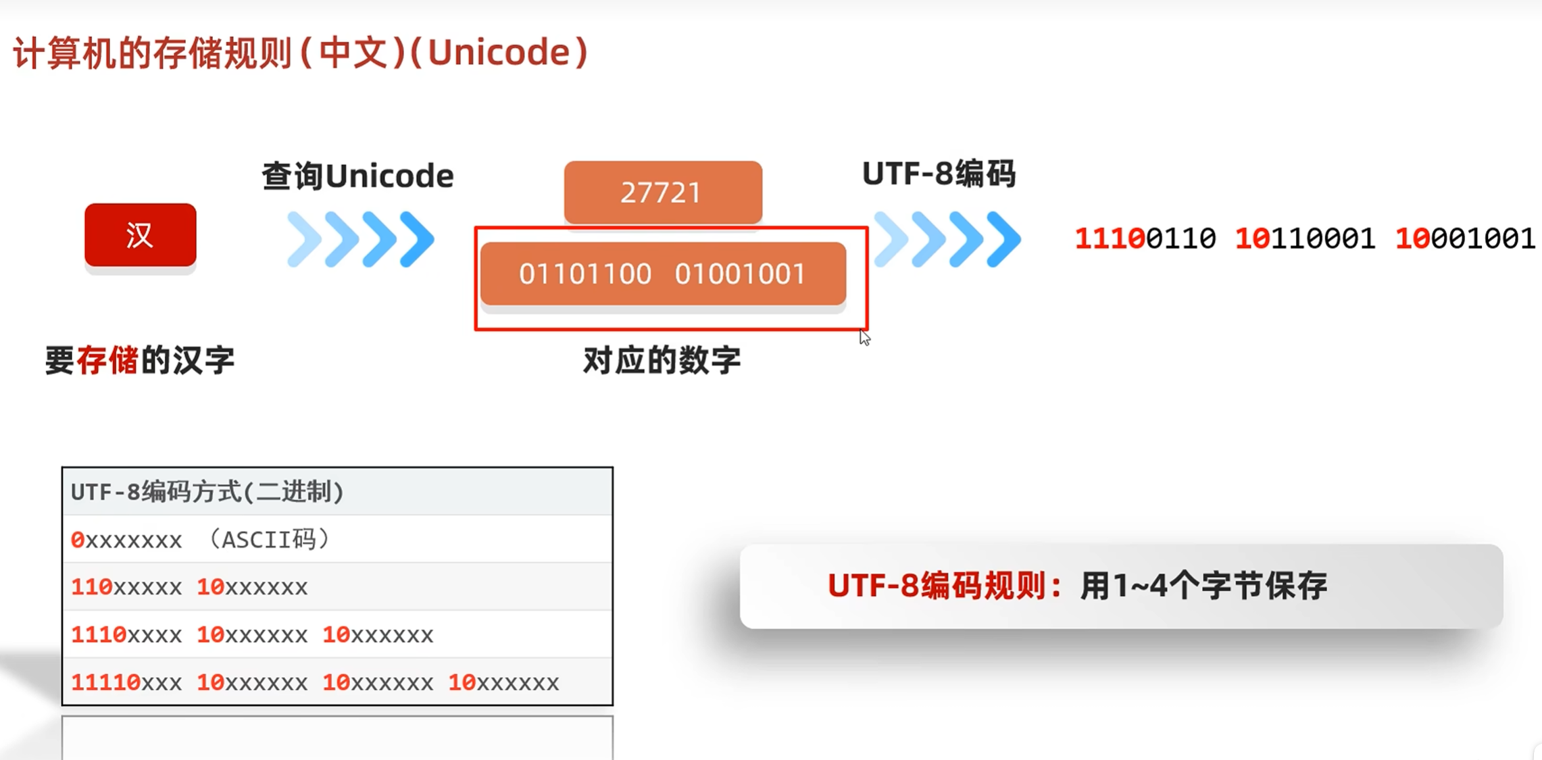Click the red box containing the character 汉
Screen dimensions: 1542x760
click(141, 235)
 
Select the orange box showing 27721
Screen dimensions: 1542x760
click(662, 193)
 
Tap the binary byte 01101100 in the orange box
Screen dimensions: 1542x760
click(585, 274)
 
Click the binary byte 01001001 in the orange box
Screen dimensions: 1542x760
click(740, 274)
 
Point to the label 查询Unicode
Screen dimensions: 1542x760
click(357, 176)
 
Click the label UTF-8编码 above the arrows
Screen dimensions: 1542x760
click(939, 174)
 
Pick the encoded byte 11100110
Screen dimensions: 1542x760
click(1145, 238)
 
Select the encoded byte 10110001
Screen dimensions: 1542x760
click(1305, 238)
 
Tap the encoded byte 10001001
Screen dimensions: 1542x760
click(1465, 238)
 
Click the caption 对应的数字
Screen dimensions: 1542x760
click(662, 360)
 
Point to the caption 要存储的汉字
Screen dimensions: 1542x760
click(140, 360)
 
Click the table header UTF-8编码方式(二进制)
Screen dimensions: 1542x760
click(207, 492)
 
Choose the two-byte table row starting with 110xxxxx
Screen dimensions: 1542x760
click(189, 587)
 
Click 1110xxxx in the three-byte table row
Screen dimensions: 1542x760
click(126, 635)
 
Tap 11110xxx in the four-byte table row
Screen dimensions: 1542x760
click(126, 683)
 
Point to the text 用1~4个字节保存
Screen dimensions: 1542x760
click(1203, 586)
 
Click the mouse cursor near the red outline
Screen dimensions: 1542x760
click(864, 337)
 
